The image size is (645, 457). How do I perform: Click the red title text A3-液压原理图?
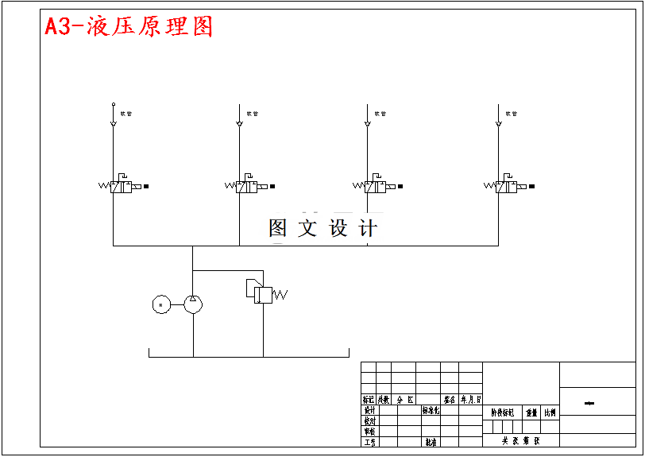click(x=129, y=27)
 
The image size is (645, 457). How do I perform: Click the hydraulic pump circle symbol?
click(x=193, y=304)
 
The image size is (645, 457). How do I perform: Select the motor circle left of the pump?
click(x=161, y=304)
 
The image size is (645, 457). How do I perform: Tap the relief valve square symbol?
click(x=263, y=294)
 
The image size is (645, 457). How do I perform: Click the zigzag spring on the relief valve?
click(x=280, y=295)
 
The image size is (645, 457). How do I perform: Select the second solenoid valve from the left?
click(x=247, y=187)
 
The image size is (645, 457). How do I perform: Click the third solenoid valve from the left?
click(x=375, y=187)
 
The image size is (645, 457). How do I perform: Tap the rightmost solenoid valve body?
click(x=506, y=187)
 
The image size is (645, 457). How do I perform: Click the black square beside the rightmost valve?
click(x=531, y=186)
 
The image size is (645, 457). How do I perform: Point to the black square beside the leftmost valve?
click(x=146, y=186)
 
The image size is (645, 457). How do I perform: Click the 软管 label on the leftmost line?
click(x=126, y=114)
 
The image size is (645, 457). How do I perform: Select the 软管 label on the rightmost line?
click(x=512, y=114)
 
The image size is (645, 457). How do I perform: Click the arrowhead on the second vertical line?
click(x=239, y=123)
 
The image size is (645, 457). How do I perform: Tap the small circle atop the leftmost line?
click(x=113, y=103)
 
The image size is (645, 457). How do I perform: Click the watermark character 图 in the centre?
click(x=278, y=229)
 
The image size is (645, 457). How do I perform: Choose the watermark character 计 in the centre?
click(x=368, y=229)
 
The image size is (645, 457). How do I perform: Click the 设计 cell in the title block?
click(x=369, y=410)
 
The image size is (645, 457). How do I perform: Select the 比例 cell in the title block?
click(x=550, y=412)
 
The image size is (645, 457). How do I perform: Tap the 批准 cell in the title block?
click(x=430, y=441)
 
